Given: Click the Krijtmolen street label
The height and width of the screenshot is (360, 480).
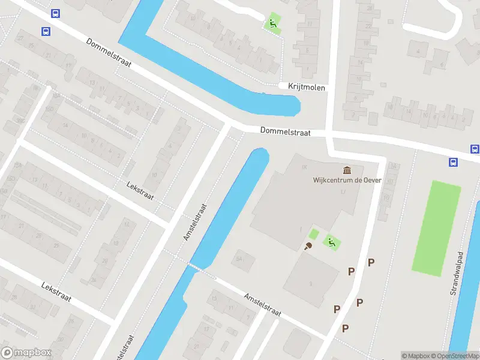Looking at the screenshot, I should click(x=305, y=88).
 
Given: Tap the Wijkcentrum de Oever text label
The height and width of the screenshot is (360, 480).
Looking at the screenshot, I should click(x=338, y=180).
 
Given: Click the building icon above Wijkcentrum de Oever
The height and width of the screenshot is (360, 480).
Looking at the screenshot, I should click(x=347, y=170).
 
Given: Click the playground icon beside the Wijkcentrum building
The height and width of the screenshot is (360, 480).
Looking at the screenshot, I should click(x=329, y=242).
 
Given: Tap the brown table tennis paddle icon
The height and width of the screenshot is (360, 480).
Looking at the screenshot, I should click(x=310, y=246).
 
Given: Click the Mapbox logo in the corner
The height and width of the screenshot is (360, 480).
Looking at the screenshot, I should click(x=26, y=353).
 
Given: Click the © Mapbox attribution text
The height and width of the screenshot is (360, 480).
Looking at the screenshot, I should click(x=415, y=356).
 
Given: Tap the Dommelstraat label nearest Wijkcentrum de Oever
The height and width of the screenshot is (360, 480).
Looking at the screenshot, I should click(x=285, y=131).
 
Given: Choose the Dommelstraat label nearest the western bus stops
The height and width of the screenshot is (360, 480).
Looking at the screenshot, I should click(x=108, y=53).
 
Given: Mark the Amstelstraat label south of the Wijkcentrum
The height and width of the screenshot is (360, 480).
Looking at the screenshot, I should click(x=262, y=304).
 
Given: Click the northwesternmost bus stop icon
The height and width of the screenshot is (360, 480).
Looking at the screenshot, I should click(x=56, y=14).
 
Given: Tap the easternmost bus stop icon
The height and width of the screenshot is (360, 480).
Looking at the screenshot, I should click(x=474, y=149).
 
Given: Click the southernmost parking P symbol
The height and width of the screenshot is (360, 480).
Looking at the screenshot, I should click(x=345, y=328).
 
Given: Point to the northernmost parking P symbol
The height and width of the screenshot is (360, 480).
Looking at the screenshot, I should click(x=371, y=262).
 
